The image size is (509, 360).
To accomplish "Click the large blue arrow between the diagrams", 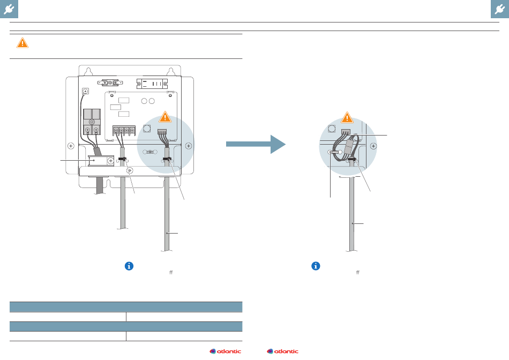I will [256, 144].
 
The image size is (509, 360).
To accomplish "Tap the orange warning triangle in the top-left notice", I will [22, 43].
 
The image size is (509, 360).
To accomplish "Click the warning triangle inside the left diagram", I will [165, 116].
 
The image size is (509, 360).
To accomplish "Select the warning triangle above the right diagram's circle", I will [347, 117].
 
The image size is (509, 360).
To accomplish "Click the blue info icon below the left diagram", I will [129, 266].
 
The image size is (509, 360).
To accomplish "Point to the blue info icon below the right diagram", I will [316, 266].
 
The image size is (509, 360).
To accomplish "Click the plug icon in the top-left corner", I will [9, 9].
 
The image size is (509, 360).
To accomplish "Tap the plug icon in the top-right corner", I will [500, 9].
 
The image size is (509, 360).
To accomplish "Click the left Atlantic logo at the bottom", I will [226, 351].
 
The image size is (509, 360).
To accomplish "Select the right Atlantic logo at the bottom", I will [282, 351].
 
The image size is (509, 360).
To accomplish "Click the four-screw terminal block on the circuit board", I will [122, 130].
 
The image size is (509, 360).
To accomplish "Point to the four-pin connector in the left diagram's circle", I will [162, 131].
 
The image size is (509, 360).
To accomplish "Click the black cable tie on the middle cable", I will [122, 159].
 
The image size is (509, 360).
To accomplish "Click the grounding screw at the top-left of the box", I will [85, 91].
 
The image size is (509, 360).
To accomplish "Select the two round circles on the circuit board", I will [148, 101].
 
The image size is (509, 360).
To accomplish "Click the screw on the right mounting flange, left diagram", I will [189, 145].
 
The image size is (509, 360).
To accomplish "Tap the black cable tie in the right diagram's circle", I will [352, 159].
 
